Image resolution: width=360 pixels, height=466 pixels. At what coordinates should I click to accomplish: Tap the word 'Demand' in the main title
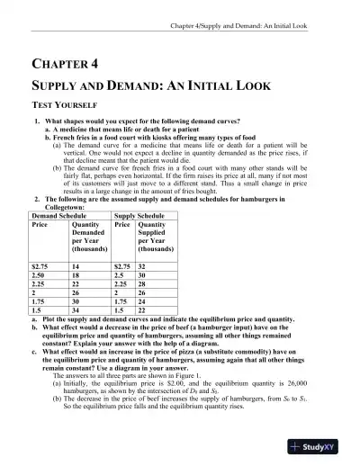(x=121, y=85)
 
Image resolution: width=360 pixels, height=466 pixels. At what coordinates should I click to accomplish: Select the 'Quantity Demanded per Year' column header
(x=89, y=239)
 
